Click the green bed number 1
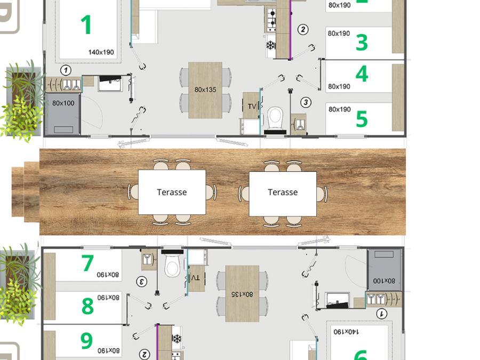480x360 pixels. pyautogui.click(x=86, y=25)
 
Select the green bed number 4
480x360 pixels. pyautogui.click(x=362, y=74)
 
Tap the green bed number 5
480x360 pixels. pyautogui.click(x=362, y=119)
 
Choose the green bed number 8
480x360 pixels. pyautogui.click(x=87, y=306)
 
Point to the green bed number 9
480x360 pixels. pyautogui.click(x=86, y=340)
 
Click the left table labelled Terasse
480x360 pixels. pyautogui.click(x=172, y=192)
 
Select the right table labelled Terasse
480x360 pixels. pyautogui.click(x=283, y=194)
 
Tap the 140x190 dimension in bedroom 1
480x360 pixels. pyautogui.click(x=101, y=52)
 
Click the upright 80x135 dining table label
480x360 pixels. pyautogui.click(x=205, y=90)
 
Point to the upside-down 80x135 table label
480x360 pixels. pyautogui.click(x=242, y=294)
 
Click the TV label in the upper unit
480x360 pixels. pyautogui.click(x=252, y=107)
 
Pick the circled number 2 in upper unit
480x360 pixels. pyautogui.click(x=303, y=30)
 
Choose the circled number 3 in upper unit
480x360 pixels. pyautogui.click(x=306, y=102)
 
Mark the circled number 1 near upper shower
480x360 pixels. pyautogui.click(x=66, y=70)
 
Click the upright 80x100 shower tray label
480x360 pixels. pyautogui.click(x=63, y=103)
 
